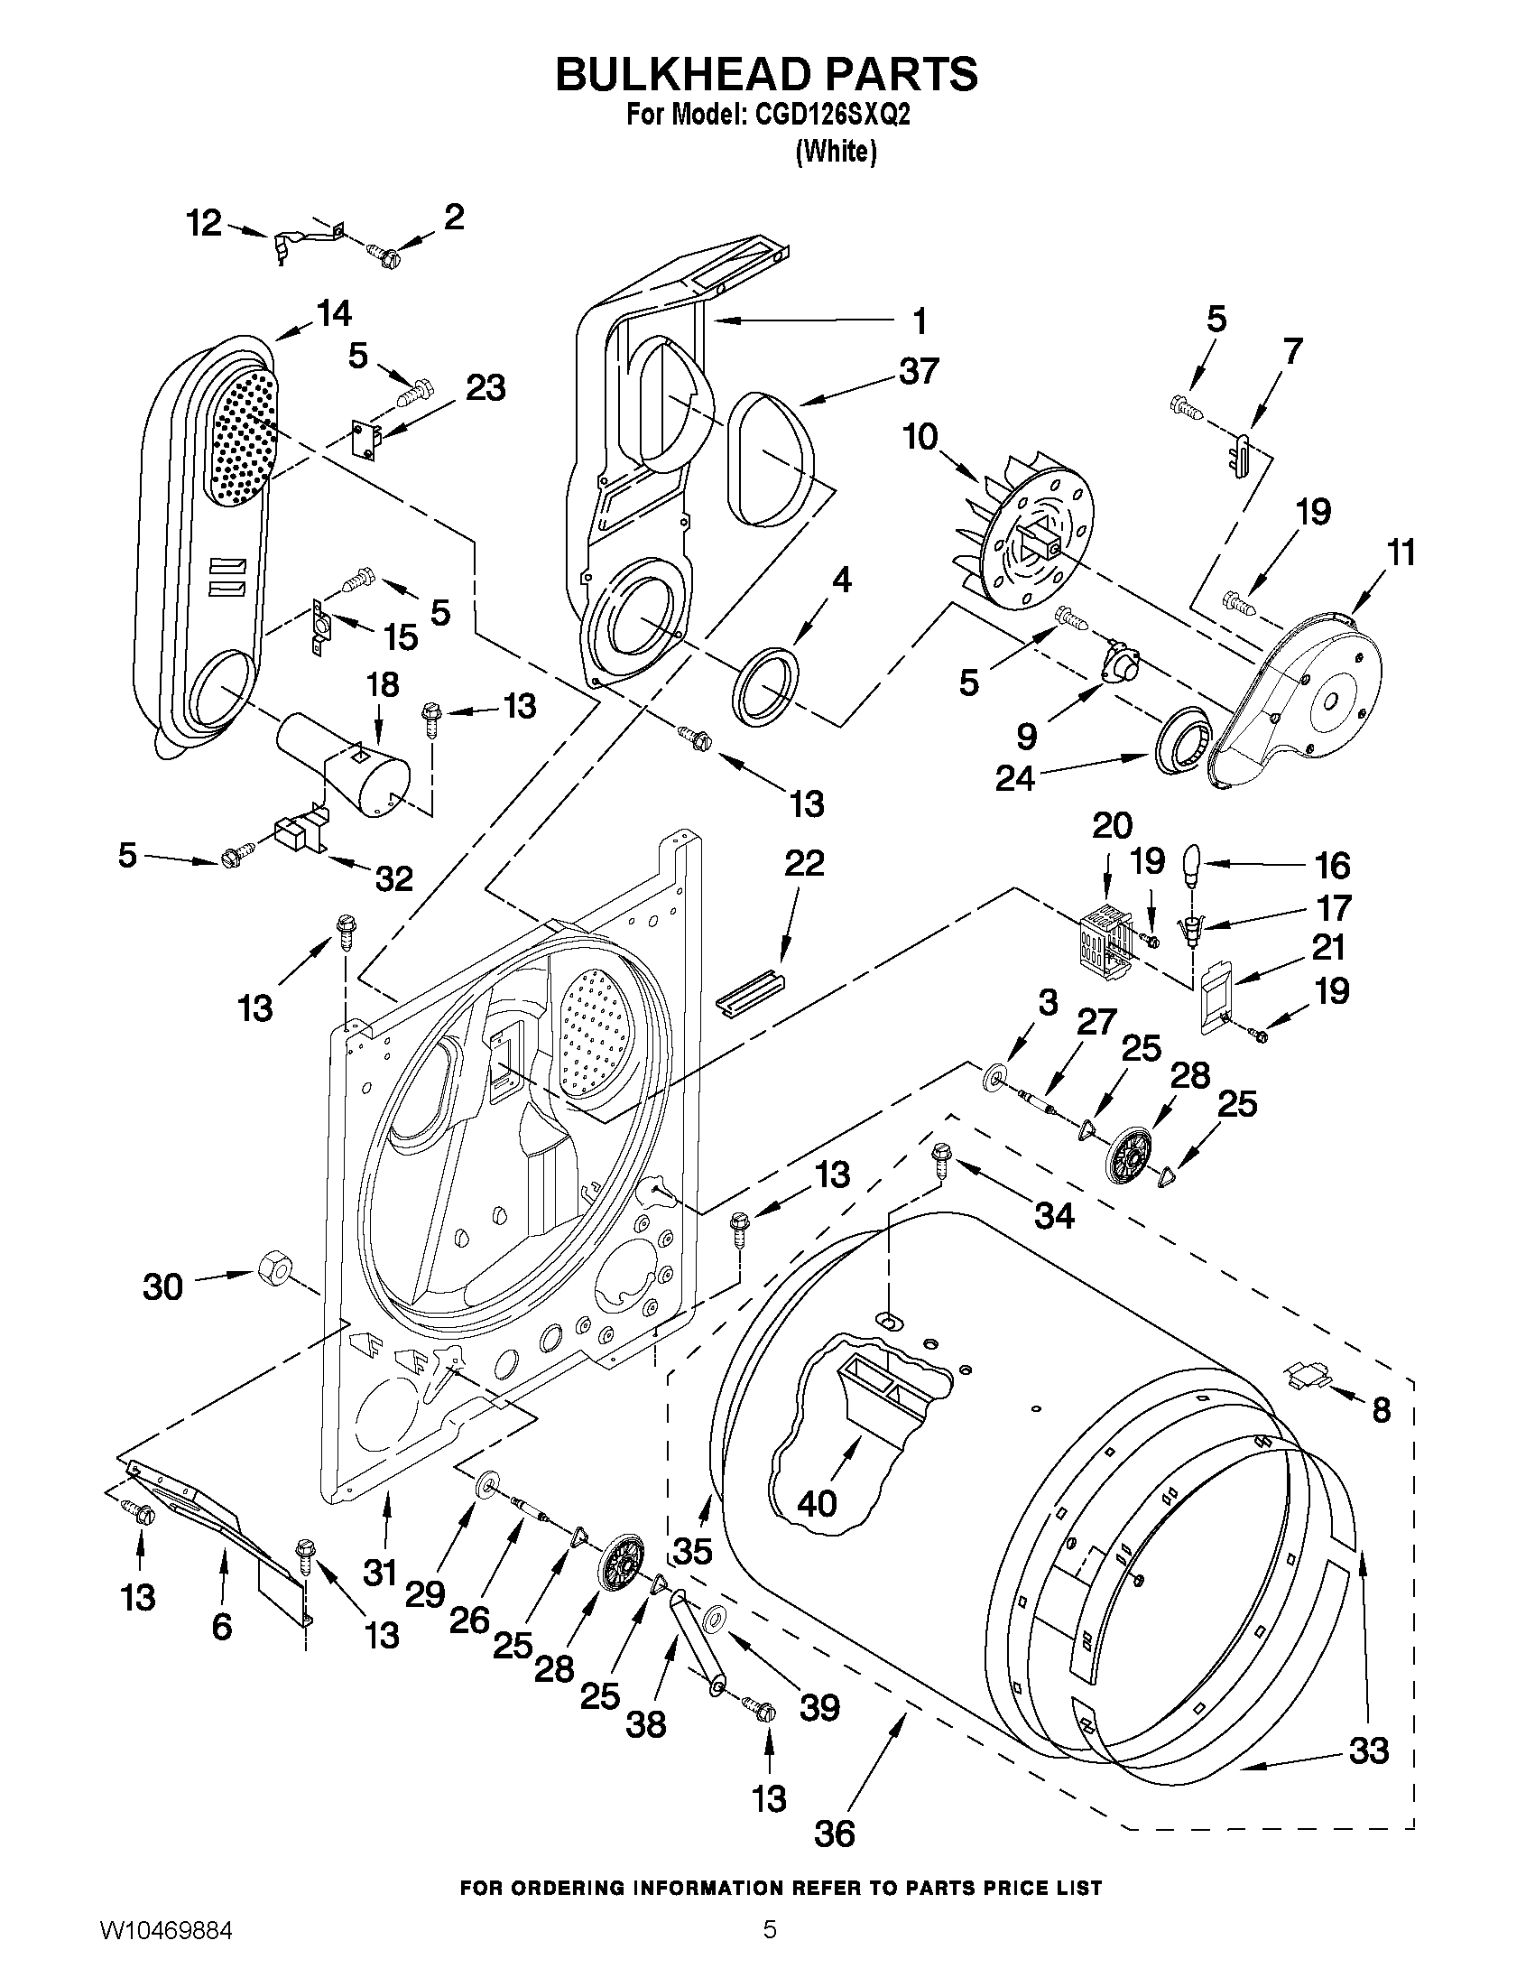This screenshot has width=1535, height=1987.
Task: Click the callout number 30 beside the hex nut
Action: pos(162,1286)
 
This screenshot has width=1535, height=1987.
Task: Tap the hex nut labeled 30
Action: pos(273,1266)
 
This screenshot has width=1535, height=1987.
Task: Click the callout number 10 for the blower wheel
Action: pos(920,437)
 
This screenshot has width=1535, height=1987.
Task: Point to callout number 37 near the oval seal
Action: pos(919,371)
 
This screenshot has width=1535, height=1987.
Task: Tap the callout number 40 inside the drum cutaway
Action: pos(817,1503)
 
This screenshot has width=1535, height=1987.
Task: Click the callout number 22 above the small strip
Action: pos(803,862)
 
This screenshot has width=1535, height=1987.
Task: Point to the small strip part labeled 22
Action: pos(749,992)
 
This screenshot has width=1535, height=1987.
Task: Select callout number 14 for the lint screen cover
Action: pos(334,313)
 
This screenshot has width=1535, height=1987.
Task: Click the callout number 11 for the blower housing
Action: pos(1401,552)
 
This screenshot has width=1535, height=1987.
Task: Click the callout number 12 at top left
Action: pos(204,222)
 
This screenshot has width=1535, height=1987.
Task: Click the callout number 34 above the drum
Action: pos(1055,1214)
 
